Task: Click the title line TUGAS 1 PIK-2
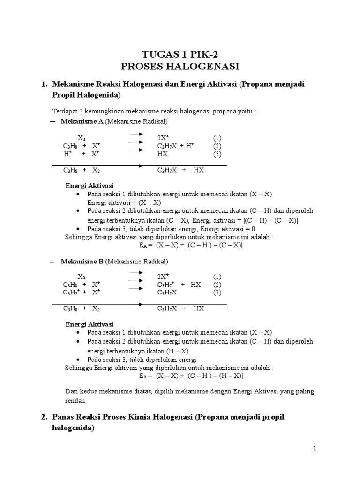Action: (180, 54)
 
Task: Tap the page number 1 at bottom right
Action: (315, 449)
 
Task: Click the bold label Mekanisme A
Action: (82, 122)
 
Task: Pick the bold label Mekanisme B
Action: (82, 262)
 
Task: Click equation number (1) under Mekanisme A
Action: (217, 138)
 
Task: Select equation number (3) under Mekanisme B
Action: (217, 292)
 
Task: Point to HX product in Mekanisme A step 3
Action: (163, 154)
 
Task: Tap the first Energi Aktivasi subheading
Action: (89, 186)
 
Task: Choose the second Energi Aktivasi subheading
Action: (89, 324)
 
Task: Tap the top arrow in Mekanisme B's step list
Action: (135, 274)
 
